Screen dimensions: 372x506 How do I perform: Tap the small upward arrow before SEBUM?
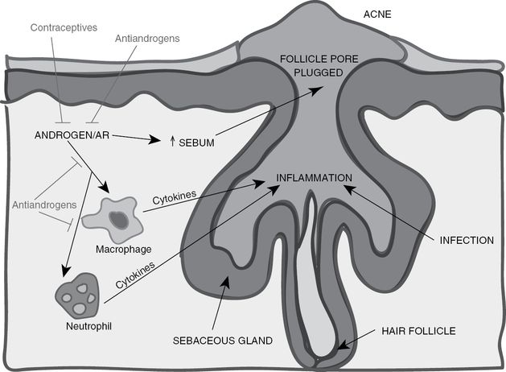click(172, 142)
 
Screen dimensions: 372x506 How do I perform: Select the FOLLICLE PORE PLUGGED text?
click(318, 66)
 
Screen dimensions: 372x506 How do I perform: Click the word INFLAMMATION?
click(315, 177)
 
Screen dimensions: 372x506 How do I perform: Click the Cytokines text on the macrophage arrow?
click(173, 199)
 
